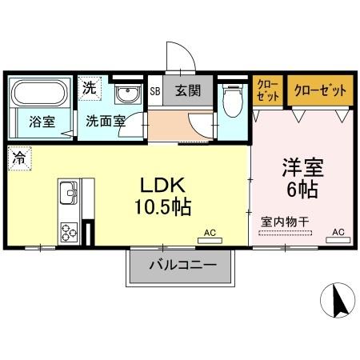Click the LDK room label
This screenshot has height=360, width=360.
[x=162, y=184]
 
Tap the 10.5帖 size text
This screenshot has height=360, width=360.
[x=162, y=207]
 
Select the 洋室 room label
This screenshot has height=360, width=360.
[x=300, y=169]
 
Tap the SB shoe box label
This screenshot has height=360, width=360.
[x=155, y=90]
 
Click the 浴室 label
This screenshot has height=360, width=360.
[x=41, y=123]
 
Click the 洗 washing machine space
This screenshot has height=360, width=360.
[x=90, y=88]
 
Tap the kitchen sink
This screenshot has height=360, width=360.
[x=67, y=194]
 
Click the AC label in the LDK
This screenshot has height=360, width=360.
[x=210, y=234]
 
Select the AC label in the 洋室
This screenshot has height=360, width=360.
[x=338, y=233]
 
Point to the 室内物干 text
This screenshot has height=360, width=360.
[x=284, y=219]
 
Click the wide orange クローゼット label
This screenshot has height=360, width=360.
[x=319, y=90]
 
